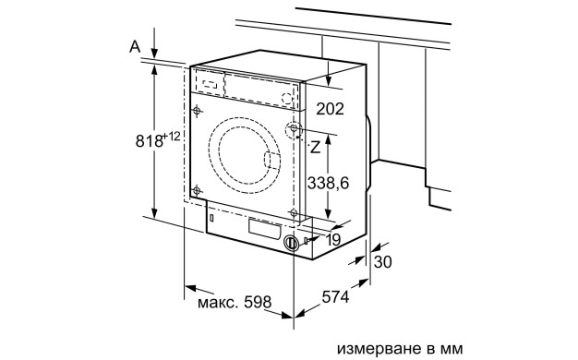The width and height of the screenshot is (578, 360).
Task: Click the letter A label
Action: pos(136,47)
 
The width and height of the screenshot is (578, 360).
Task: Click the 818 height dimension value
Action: pos(149,140)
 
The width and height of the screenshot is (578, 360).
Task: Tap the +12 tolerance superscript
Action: pos(172,137)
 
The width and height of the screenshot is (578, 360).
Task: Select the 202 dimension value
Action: pos(330,109)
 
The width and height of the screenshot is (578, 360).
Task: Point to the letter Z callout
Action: pos(315,148)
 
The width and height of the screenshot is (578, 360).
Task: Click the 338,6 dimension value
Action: pos(328,183)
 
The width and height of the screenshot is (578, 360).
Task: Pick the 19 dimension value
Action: pos(333,240)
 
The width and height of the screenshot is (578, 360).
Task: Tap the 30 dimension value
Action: pos(382,262)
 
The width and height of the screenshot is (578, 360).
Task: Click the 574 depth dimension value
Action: pos(335,296)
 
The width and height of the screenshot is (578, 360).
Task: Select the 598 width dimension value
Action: pos(258,302)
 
